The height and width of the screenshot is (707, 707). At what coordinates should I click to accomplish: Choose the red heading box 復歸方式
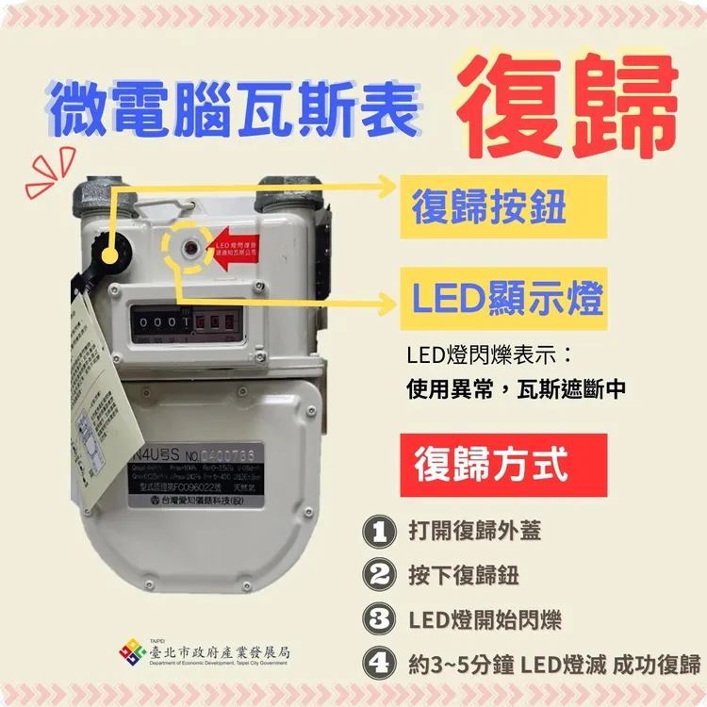490,465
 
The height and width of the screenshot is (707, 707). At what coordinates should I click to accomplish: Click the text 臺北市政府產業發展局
220,649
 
